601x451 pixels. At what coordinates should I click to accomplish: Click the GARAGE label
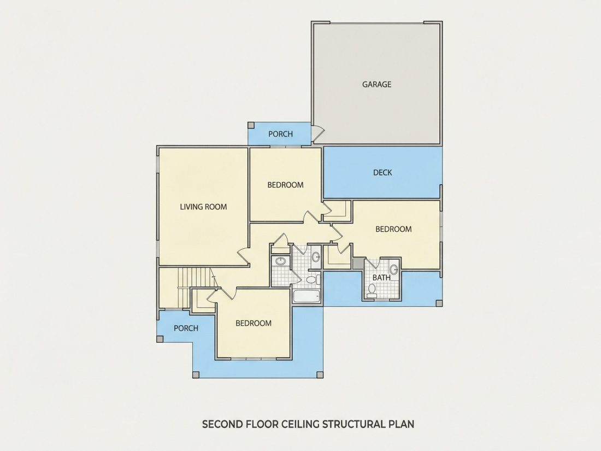(x=377, y=84)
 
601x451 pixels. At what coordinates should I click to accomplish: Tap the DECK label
(x=382, y=173)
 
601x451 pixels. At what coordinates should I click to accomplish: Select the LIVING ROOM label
(x=204, y=207)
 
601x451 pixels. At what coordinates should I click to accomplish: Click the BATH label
(x=381, y=277)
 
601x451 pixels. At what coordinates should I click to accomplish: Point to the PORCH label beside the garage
(x=281, y=134)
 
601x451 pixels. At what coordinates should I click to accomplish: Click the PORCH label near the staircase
(x=186, y=329)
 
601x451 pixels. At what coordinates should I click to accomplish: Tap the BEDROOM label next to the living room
(x=286, y=185)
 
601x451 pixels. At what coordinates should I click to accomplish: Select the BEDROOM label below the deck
(x=393, y=230)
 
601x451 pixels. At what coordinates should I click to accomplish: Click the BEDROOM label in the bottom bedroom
(x=254, y=323)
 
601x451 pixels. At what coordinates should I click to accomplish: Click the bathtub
(x=307, y=296)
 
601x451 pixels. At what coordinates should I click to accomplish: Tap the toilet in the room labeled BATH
(x=372, y=291)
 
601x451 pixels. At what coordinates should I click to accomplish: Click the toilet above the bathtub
(x=311, y=279)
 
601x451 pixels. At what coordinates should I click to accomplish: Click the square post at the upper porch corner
(x=251, y=125)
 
